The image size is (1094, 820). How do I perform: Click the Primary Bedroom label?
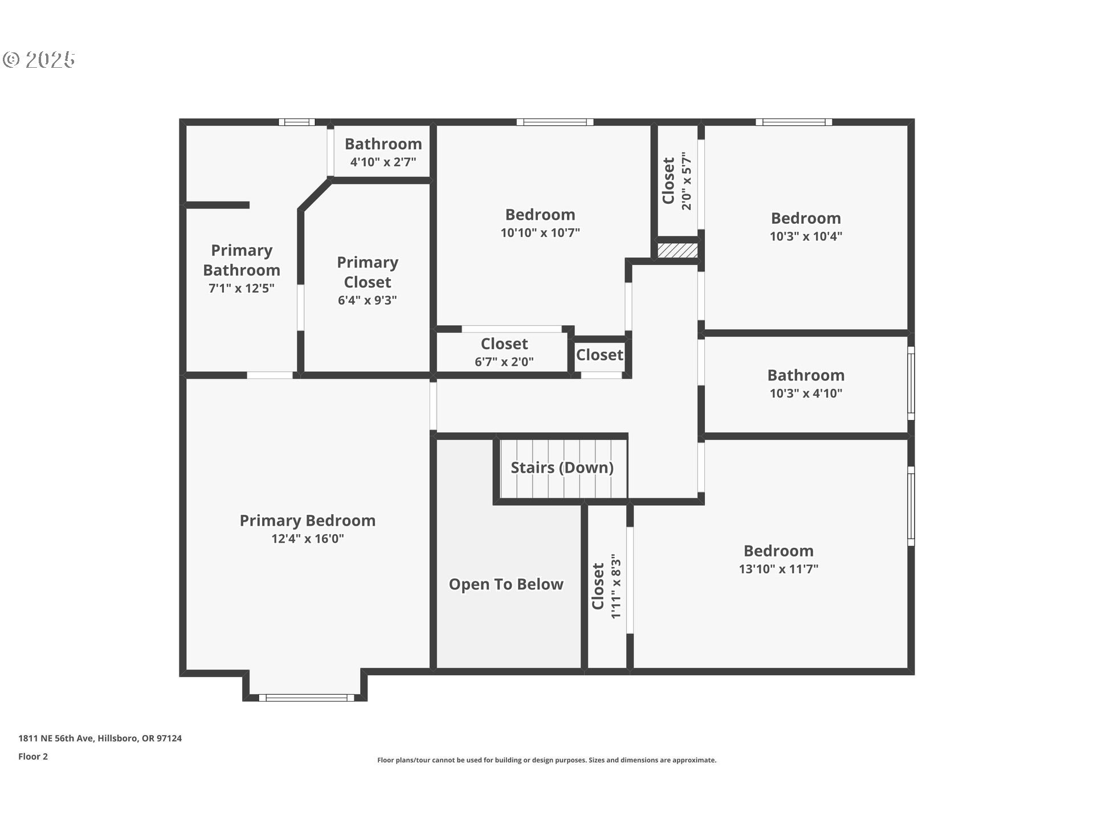[307, 520]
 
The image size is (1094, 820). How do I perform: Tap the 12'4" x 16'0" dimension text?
[308, 539]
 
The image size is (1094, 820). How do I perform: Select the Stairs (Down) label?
[562, 468]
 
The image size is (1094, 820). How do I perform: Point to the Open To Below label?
[506, 584]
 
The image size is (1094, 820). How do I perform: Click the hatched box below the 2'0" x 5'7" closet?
[677, 251]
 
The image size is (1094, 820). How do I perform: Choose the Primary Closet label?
[368, 272]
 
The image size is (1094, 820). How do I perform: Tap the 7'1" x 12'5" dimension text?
[242, 288]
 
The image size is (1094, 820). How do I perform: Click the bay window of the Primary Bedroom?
[307, 698]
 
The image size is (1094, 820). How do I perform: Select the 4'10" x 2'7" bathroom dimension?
[383, 162]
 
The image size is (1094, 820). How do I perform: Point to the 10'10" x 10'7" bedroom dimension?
[540, 233]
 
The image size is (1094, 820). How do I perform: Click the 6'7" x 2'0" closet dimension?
[504, 362]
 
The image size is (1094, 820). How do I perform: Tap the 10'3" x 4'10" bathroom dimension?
[806, 393]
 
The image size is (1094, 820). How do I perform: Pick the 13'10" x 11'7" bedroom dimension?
[778, 569]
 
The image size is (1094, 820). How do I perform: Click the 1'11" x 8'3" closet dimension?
[616, 586]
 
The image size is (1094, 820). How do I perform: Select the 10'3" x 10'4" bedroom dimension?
[806, 236]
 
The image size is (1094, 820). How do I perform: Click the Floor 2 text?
[33, 756]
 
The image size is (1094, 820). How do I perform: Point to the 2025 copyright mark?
[39, 59]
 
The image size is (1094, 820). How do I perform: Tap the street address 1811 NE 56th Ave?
[55, 738]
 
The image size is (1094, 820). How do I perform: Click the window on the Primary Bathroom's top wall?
[296, 122]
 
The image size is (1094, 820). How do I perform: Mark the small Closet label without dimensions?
[599, 355]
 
